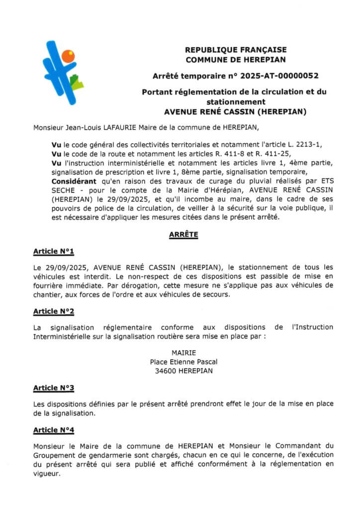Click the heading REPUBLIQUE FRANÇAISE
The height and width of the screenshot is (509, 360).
pos(236,50)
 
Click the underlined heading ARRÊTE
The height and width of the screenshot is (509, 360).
pos(183,235)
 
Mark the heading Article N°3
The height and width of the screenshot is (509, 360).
pos(54,388)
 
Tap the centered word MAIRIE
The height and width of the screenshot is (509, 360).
pos(183,353)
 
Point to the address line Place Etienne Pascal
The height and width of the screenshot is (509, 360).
pos(183,362)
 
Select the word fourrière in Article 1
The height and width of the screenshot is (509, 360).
pos(48,285)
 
